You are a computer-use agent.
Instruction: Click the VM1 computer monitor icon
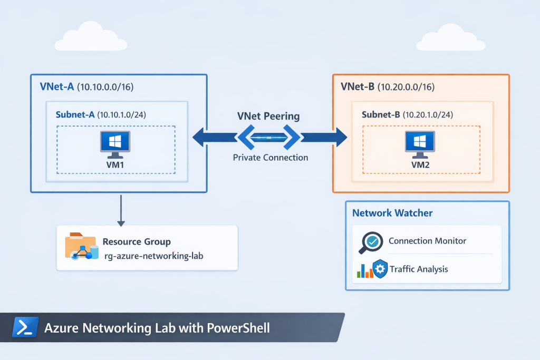(x=115, y=144)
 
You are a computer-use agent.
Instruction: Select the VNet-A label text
(x=57, y=86)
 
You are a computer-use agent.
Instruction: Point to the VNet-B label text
(x=358, y=86)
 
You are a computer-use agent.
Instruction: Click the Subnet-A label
(x=75, y=114)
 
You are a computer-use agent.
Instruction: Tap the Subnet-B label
(x=381, y=114)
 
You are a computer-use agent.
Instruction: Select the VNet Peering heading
(x=268, y=116)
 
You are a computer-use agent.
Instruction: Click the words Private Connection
(x=270, y=157)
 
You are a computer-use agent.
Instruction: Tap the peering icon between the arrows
(x=269, y=138)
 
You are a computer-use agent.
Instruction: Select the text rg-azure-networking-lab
(x=153, y=256)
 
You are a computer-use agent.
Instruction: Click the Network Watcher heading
(x=392, y=213)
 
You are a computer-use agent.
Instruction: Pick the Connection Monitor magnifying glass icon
(x=370, y=242)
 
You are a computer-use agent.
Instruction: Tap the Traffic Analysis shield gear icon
(x=380, y=269)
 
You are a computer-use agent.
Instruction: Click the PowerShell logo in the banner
(x=25, y=327)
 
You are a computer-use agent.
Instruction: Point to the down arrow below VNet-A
(x=121, y=211)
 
